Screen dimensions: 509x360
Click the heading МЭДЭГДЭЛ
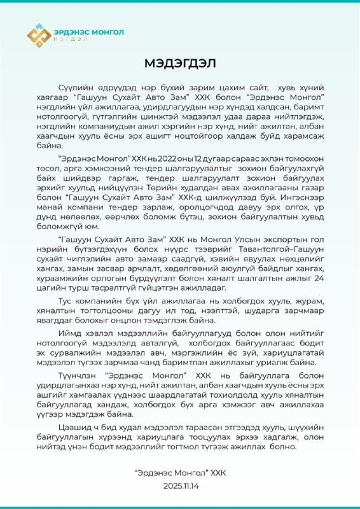[180, 63]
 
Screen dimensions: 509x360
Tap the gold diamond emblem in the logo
[39, 36]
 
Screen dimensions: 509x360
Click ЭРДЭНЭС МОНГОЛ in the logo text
[89, 32]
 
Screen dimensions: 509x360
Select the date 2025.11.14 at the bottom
[181, 486]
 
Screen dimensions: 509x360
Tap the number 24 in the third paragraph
[319, 278]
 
